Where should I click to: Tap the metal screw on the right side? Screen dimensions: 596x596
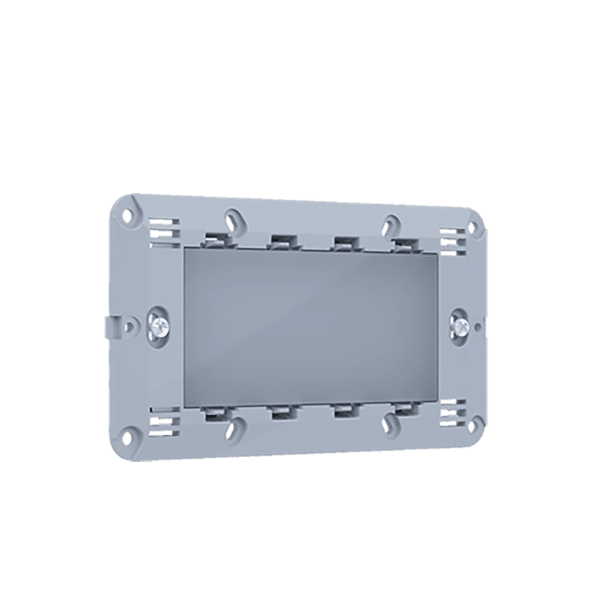point(459,325)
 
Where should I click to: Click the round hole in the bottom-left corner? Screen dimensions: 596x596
point(128,431)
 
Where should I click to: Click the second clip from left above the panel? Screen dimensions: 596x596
point(280,241)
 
